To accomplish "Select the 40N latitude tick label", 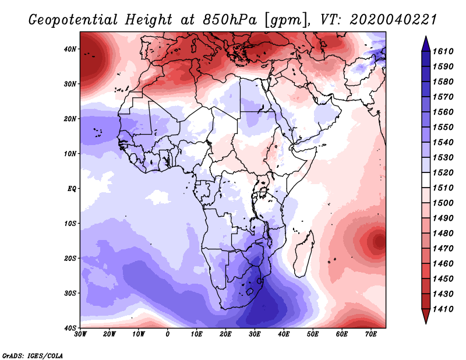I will pos(69,49).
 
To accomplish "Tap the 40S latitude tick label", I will pos(69,328).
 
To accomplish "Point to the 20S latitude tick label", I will pos(69,258).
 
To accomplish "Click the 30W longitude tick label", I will pos(80,334).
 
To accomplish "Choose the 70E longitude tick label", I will pos(371,334).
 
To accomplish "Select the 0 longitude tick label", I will pos(168,334).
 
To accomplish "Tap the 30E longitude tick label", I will pos(255,334).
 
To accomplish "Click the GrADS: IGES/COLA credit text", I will pos(33,355).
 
